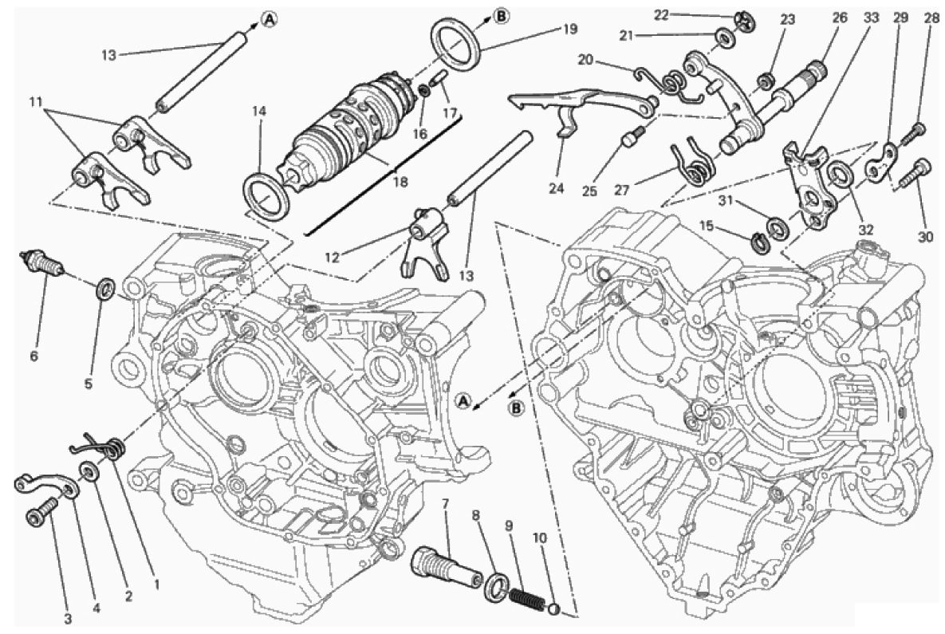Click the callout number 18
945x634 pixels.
point(400,182)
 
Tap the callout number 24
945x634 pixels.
point(556,188)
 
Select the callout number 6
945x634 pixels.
point(33,356)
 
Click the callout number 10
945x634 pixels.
point(540,538)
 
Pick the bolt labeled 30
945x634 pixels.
point(919,171)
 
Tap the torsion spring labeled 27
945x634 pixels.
point(693,163)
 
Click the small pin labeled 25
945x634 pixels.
point(632,140)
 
